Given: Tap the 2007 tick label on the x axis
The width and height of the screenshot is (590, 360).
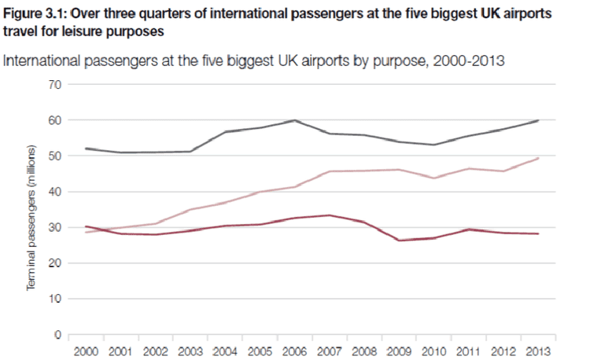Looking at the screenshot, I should (x=328, y=350).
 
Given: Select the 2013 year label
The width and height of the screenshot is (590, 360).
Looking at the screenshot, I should (x=537, y=350).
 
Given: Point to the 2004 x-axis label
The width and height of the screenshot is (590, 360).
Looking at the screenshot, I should (x=224, y=350).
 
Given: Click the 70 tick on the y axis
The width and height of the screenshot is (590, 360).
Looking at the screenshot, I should (x=54, y=83).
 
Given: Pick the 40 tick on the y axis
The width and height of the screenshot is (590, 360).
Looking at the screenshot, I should (x=54, y=192).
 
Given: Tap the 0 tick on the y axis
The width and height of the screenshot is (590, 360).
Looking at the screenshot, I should (x=57, y=336).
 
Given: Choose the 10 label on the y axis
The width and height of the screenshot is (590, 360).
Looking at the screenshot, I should (x=54, y=299).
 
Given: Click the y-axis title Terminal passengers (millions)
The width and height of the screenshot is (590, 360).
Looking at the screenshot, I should (x=31, y=218).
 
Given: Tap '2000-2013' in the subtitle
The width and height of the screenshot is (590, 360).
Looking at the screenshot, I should (x=464, y=60).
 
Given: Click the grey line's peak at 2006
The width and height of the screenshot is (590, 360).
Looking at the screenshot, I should (x=294, y=120).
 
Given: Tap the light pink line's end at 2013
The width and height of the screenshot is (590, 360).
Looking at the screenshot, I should (x=537, y=159).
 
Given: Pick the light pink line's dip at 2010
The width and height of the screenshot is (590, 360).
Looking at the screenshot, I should (x=433, y=178).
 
